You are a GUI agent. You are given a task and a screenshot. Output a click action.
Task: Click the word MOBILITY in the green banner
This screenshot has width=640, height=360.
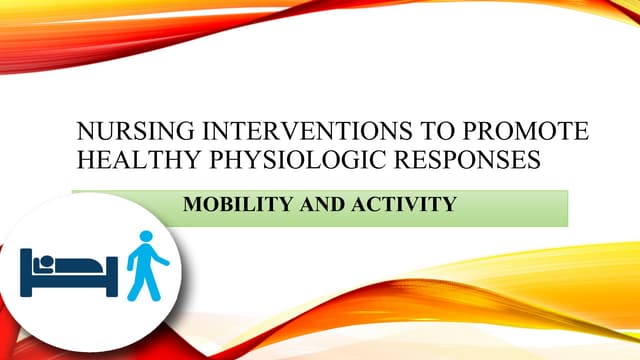tap(232, 205)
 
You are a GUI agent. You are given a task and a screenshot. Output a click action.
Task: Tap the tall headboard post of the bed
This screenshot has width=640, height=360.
tap(25, 270)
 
